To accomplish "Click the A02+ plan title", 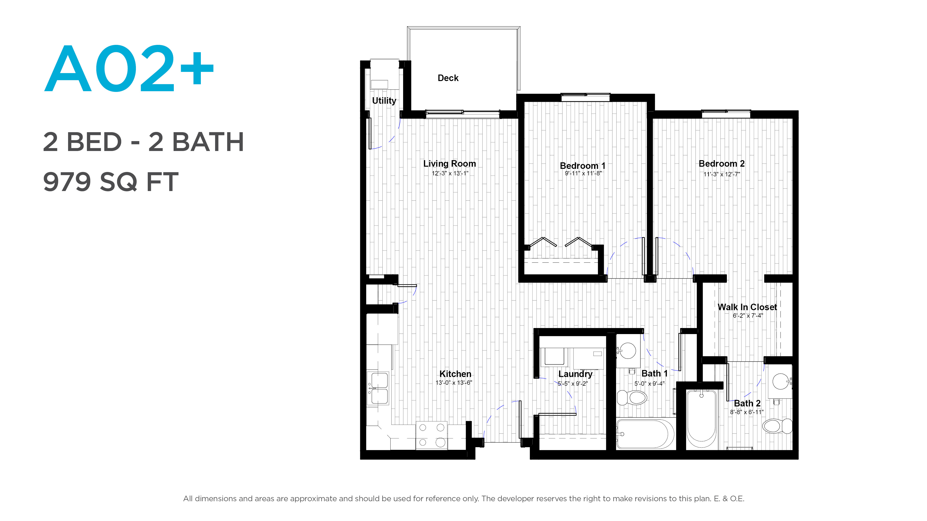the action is point(129,68).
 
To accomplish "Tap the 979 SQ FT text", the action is point(111,182).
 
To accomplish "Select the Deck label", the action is point(448,78).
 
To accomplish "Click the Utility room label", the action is point(384,101).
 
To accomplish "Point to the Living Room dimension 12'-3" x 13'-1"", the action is point(450,173).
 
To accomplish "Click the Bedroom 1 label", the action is point(583,165).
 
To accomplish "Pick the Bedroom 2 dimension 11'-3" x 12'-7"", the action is point(722,174).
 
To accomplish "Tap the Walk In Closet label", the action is point(747,307).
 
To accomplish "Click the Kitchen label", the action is point(455,374).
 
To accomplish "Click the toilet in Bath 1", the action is point(632,398).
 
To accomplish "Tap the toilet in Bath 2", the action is point(777,426).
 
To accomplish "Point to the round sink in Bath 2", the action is point(781,381).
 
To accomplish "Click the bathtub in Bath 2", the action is point(702,419).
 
